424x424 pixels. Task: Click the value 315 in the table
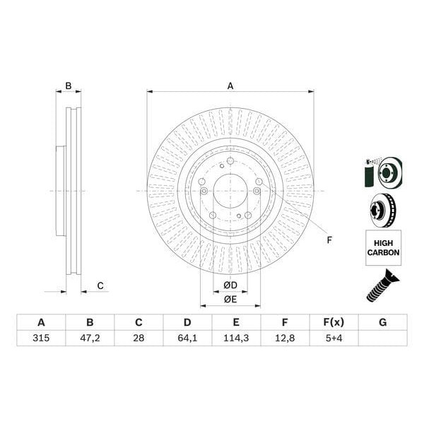[41, 338]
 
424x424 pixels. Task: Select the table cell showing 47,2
[90, 338]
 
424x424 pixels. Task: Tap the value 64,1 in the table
[187, 338]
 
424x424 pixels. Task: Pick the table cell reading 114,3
[236, 338]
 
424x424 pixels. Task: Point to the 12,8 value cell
[285, 338]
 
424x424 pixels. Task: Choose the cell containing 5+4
[334, 338]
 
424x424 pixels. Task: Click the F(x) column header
[334, 322]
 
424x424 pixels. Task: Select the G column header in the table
[382, 322]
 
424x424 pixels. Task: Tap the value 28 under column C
[139, 338]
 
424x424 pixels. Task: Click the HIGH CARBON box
[383, 247]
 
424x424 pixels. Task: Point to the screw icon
[382, 285]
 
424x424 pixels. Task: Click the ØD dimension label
[230, 285]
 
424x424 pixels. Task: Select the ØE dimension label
[230, 300]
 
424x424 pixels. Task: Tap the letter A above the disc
[230, 86]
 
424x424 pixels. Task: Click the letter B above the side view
[69, 86]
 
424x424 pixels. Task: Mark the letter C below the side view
[100, 285]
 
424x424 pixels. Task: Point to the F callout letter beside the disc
[329, 240]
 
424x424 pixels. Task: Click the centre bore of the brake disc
[230, 191]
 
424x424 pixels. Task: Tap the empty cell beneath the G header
[382, 338]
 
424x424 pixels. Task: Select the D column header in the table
[187, 322]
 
